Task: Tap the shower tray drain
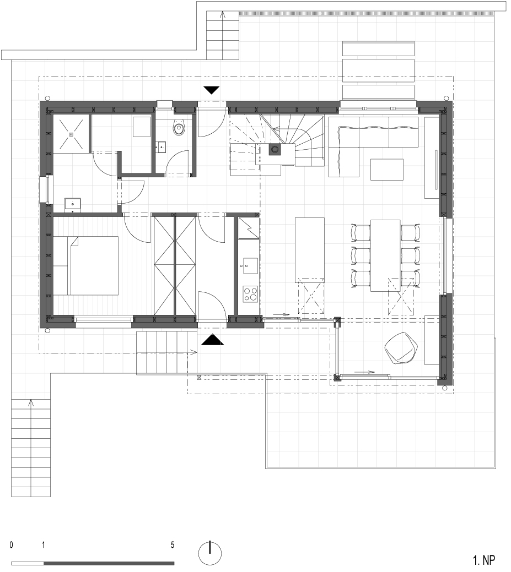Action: coord(71,134)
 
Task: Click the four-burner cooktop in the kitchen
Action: coord(250,293)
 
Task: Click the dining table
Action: coord(385,255)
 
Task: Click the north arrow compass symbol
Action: coord(209,552)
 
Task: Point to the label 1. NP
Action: coord(484,560)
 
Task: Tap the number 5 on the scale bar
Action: coord(173,545)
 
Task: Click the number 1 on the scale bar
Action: coord(43,545)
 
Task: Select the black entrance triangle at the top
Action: coord(212,90)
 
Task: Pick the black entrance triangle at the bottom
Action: coord(213,341)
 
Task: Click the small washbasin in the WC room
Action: coord(161,146)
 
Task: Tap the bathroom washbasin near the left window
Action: coord(73,205)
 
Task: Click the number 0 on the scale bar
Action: coord(11,545)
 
